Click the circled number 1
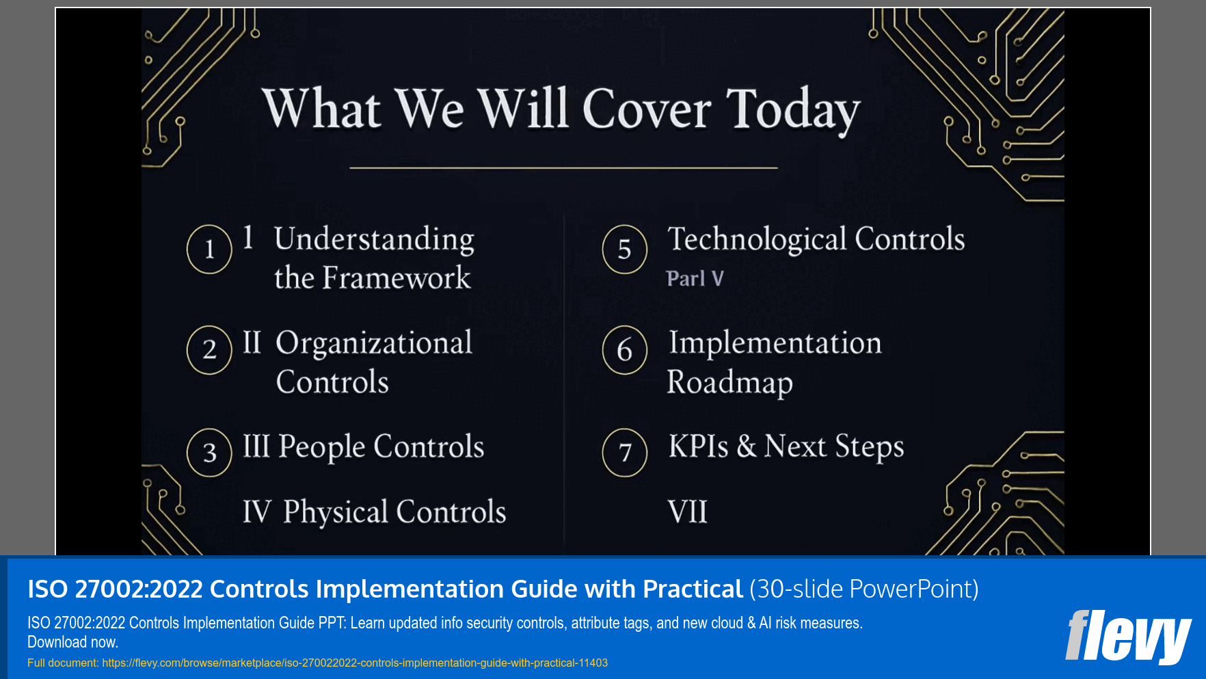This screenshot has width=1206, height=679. [x=209, y=250]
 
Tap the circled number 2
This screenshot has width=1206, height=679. [x=209, y=350]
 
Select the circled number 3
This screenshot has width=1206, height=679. [x=209, y=452]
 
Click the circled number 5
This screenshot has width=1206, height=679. [x=624, y=250]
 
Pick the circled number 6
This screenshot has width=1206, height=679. [x=624, y=350]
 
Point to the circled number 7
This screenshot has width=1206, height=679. [x=624, y=452]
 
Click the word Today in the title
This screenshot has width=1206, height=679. [x=792, y=109]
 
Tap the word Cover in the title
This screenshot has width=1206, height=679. [x=647, y=109]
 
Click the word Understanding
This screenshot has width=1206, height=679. [x=374, y=239]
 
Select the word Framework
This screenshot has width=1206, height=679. [x=397, y=278]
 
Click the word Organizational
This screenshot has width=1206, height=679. [x=374, y=343]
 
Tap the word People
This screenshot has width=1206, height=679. [x=322, y=447]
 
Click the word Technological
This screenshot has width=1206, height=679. [x=758, y=239]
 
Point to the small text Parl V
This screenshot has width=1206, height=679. [x=695, y=279]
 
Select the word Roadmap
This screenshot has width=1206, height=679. [x=729, y=382]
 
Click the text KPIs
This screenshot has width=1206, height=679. [x=698, y=447]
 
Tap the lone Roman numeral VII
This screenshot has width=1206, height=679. [x=687, y=512]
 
